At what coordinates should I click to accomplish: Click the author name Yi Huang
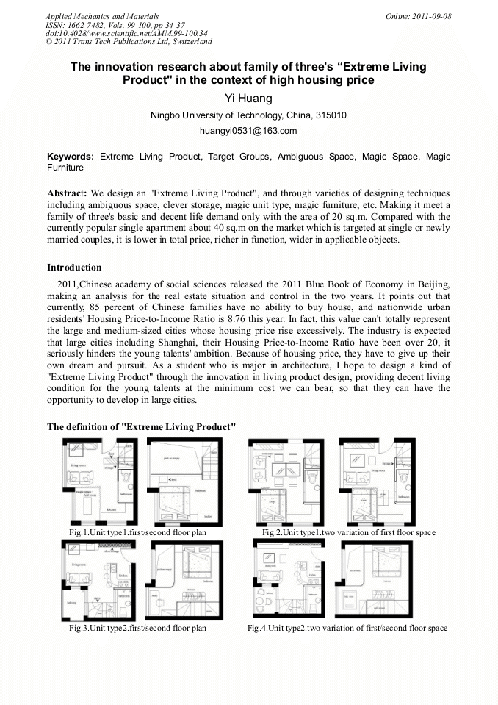coord(248,99)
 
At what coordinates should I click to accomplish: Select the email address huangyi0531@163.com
coord(248,131)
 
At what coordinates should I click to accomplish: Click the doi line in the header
coord(126,33)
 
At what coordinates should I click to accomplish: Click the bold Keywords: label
coord(71,157)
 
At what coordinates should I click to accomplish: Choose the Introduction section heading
coord(74,268)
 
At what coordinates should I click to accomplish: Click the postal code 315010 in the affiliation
coord(332,115)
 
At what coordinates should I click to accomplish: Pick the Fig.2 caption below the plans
coord(349,532)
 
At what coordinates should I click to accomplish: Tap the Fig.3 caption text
coord(137,628)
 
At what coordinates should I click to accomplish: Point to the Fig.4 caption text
coord(347,628)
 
